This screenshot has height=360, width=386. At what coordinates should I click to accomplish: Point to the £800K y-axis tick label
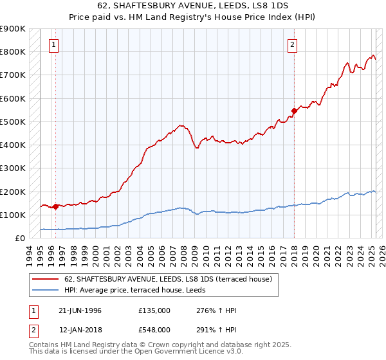click(x=13, y=52)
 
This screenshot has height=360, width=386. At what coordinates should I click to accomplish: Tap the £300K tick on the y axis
click(x=13, y=168)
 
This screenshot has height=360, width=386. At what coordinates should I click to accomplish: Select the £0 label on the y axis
click(x=21, y=239)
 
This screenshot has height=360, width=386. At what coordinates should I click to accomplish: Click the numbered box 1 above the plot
click(x=53, y=45)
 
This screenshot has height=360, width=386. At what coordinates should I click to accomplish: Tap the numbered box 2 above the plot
click(x=292, y=45)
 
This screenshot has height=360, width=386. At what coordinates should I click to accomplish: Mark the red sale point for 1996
click(x=56, y=207)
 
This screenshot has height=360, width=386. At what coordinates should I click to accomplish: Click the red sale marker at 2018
click(x=294, y=111)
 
